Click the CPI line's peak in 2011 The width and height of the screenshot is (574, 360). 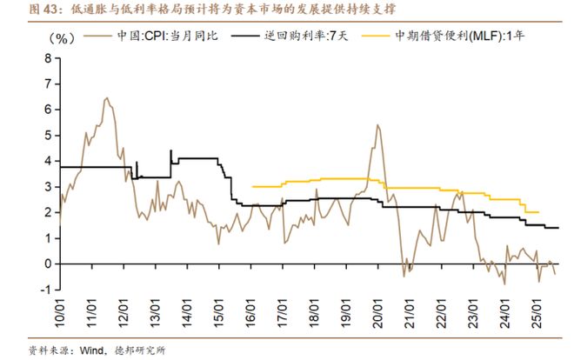coord(106,98)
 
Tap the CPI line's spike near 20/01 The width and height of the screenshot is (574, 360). coord(378,125)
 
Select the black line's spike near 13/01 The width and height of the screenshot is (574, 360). coord(170,150)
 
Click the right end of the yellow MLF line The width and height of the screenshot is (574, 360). coord(539,212)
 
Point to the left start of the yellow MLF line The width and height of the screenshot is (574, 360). coord(251,186)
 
